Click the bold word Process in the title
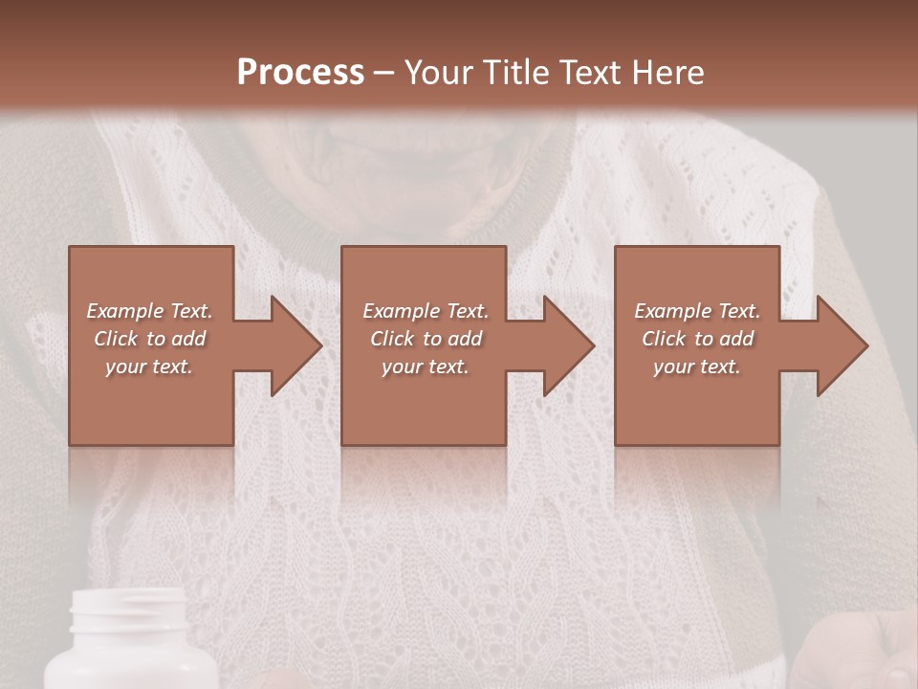(300, 72)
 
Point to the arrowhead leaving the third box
(841, 345)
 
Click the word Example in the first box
(124, 311)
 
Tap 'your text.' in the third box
(696, 367)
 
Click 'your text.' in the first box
(149, 367)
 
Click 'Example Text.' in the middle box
(426, 311)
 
